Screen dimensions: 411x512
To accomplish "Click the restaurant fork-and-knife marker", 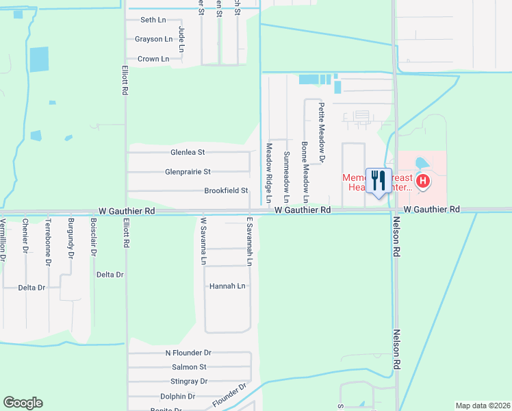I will coord(379,181).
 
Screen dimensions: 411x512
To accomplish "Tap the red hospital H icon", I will coord(424,181).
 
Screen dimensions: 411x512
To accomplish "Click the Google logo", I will coord(23,403).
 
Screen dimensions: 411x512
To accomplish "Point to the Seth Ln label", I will coord(153,21).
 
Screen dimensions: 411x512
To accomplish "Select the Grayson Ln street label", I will coord(153,39).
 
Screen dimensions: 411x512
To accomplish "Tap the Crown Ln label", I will coord(153,59).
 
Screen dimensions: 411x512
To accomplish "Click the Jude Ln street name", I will coord(181,40).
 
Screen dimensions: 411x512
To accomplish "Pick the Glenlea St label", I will coord(188,152).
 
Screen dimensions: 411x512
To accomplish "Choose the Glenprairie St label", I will coord(188,172).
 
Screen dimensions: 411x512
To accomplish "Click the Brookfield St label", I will coord(225,191).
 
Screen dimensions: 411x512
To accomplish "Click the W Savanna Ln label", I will coord(203,241).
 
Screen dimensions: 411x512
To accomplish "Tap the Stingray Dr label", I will coord(189,381).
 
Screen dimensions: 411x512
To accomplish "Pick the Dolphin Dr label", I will coord(178,397).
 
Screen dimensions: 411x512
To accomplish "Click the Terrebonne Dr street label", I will coord(48,242).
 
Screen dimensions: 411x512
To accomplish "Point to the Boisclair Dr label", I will coord(93,237).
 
